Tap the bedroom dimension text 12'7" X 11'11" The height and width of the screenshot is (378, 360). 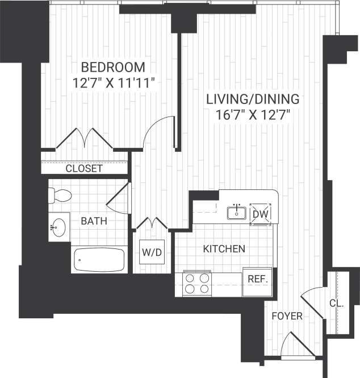[x=114, y=82]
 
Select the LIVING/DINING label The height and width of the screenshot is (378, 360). [x=253, y=99]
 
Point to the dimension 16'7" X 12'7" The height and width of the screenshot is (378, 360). [x=253, y=114]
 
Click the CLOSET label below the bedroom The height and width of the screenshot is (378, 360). [x=84, y=168]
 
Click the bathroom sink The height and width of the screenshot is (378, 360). [x=57, y=228]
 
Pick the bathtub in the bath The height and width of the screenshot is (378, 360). [x=99, y=260]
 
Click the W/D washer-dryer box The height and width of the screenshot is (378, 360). [x=152, y=252]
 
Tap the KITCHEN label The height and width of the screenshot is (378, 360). [x=224, y=248]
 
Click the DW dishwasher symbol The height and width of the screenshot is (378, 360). [x=260, y=214]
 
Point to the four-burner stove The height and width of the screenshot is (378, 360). [x=197, y=283]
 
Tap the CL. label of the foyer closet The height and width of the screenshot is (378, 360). [x=337, y=304]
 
